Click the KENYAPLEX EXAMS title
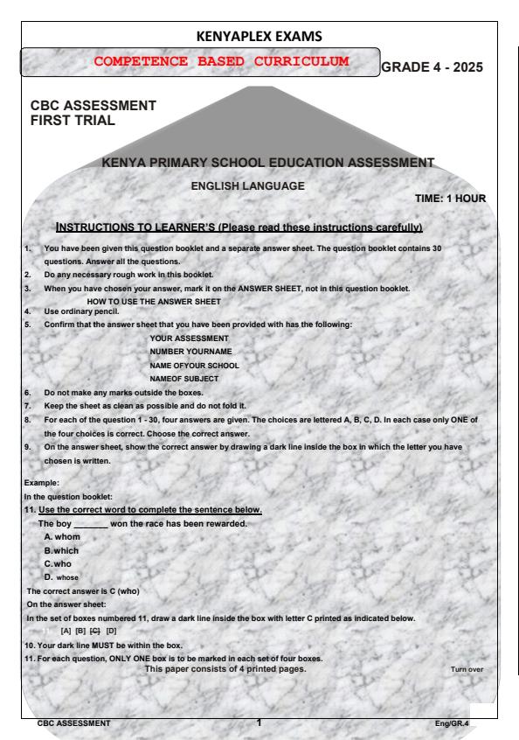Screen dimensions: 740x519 coord(259,38)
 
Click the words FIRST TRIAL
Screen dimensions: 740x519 coord(73,121)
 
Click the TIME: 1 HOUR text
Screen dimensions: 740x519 coord(450,199)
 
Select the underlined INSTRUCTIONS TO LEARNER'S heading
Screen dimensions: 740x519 coord(239,227)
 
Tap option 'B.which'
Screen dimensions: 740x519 coord(63,550)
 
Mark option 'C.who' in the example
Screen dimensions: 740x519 coord(59,564)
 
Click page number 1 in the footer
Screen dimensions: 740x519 coord(259,723)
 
